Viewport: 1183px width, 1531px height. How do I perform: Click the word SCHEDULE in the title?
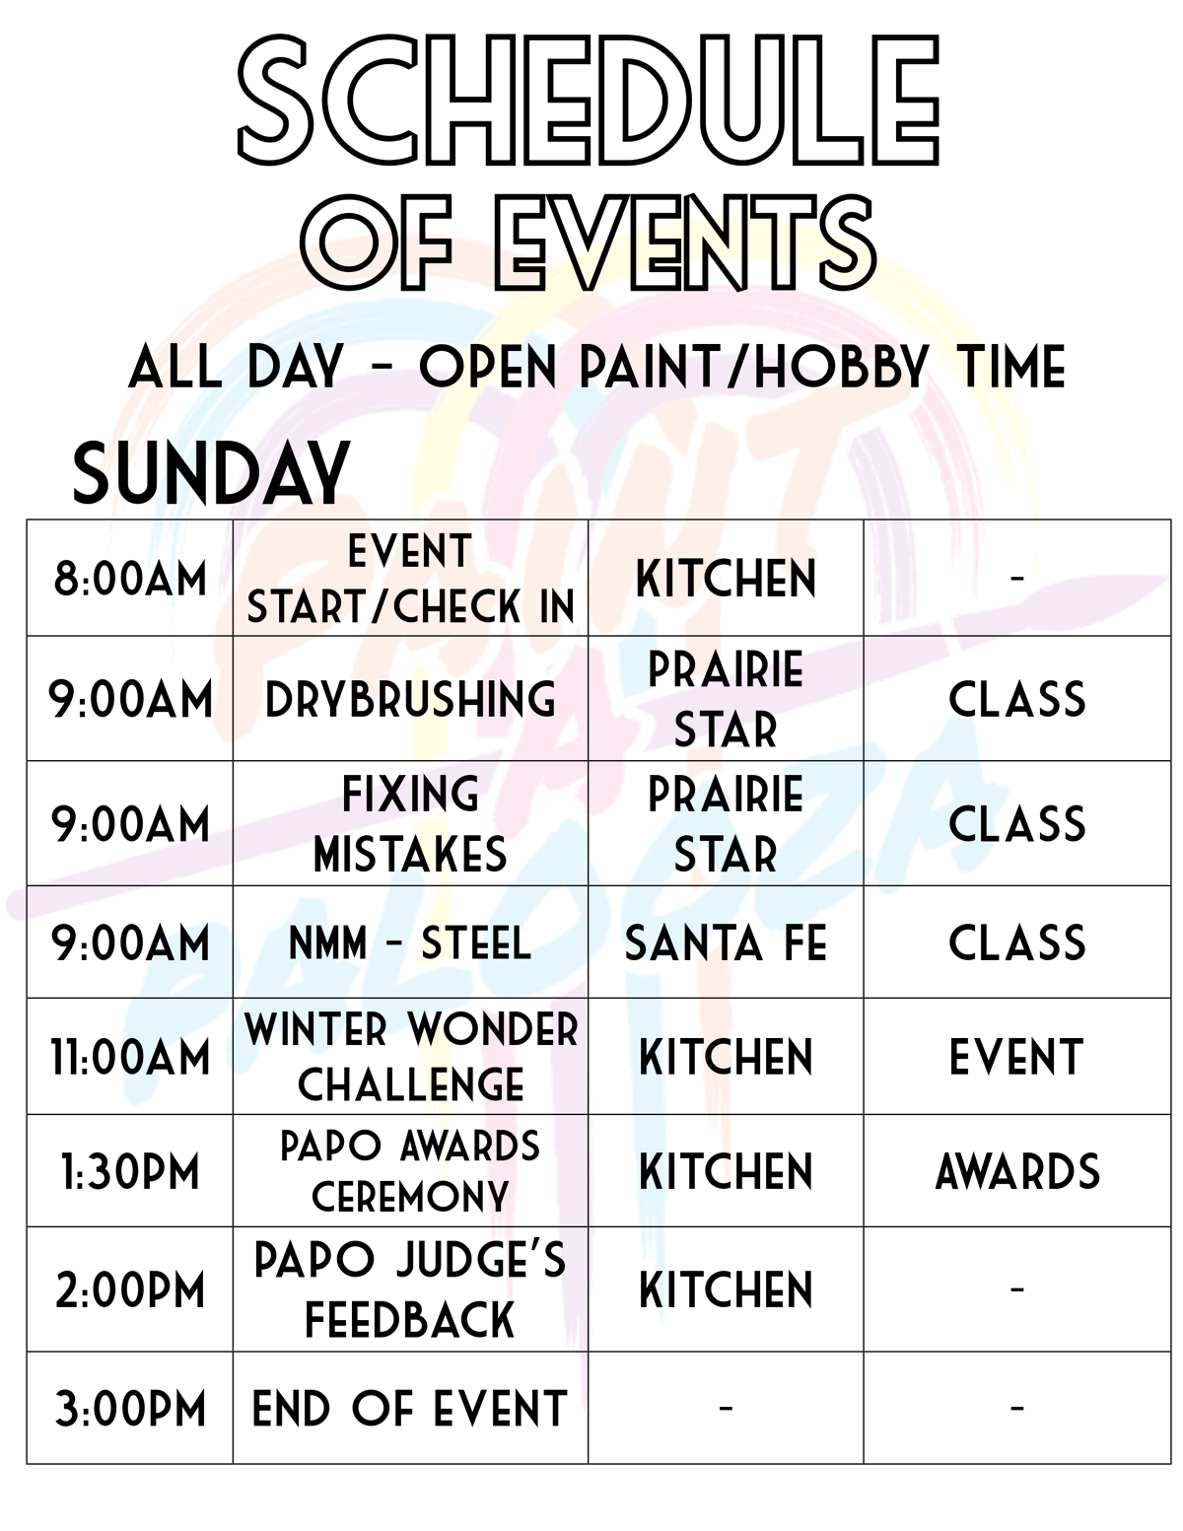(x=590, y=102)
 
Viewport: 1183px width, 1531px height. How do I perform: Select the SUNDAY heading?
(x=211, y=473)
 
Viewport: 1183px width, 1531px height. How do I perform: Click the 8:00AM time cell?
(x=130, y=579)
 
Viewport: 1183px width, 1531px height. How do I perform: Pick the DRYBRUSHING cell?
(x=410, y=699)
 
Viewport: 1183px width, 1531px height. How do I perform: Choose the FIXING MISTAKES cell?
(x=410, y=824)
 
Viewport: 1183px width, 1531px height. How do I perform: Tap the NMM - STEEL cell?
(x=410, y=943)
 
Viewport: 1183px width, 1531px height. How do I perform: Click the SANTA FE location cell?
(x=726, y=943)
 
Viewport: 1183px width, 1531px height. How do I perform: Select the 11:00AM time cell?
(x=130, y=1058)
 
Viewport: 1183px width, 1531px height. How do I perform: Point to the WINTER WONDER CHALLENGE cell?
(x=410, y=1057)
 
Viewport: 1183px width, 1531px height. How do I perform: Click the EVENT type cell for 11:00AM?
(x=1016, y=1058)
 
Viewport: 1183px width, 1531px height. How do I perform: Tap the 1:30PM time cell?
(x=130, y=1172)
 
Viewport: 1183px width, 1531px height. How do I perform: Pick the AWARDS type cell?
(x=1016, y=1172)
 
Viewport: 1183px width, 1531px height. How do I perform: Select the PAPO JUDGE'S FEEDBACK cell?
(x=410, y=1289)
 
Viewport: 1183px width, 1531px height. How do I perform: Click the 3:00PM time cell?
(x=130, y=1409)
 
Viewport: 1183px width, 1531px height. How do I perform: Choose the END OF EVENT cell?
(x=410, y=1409)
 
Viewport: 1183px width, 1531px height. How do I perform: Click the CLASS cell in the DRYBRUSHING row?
(x=1016, y=699)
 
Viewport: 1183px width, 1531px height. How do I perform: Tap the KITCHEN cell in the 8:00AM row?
(x=726, y=579)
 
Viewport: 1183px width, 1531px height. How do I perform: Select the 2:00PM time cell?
(x=130, y=1290)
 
